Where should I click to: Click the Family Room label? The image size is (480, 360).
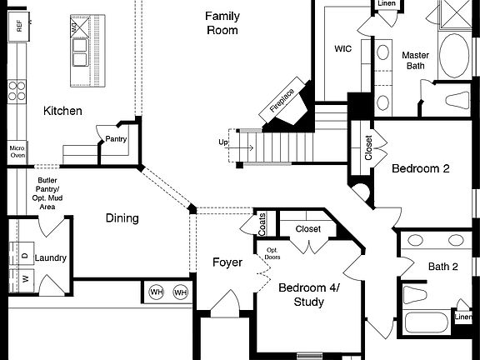(x=222, y=22)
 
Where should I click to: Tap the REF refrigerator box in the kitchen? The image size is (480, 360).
(x=17, y=27)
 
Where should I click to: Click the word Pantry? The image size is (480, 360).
(x=115, y=139)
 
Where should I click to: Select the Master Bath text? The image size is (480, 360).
(x=415, y=61)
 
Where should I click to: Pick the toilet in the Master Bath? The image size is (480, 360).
(x=458, y=102)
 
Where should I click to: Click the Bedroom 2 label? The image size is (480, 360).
(x=421, y=168)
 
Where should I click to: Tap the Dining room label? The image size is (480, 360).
(x=122, y=218)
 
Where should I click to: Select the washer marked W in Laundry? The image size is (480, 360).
(x=25, y=278)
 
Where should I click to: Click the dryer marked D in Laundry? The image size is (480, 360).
(x=25, y=256)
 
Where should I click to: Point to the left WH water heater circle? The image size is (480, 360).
(x=157, y=292)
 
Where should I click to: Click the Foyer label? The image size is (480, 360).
(x=227, y=262)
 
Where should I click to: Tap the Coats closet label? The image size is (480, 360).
(x=262, y=222)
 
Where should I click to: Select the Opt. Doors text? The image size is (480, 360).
(x=272, y=253)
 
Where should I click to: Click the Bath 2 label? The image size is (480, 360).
(x=443, y=267)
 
